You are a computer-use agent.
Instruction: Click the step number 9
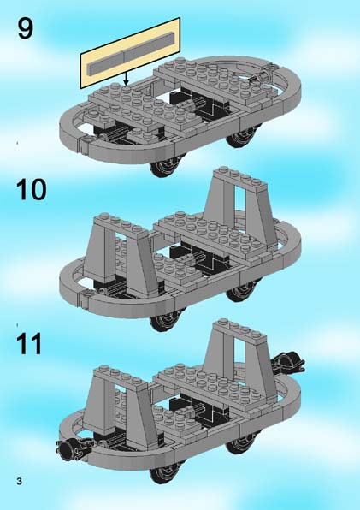coord(25,28)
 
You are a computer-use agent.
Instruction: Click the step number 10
coord(31,189)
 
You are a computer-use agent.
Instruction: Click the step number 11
coord(29,343)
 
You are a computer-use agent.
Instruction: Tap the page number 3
coord(19,481)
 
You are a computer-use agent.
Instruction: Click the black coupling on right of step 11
coord(288,362)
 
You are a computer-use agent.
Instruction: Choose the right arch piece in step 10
coord(240,208)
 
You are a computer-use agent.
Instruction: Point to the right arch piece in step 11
coord(240,360)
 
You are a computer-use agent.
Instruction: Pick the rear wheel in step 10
coord(243,290)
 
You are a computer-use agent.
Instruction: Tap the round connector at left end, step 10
coord(86,294)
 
